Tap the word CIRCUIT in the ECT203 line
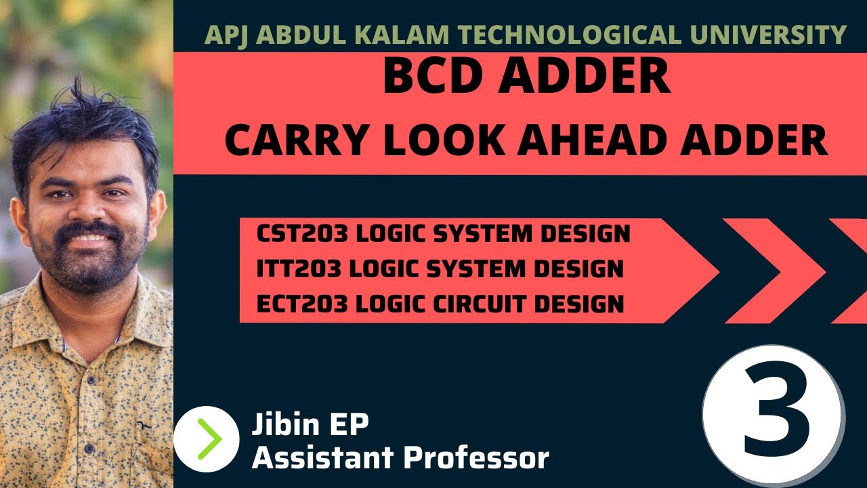click(x=473, y=304)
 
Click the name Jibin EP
click(x=310, y=425)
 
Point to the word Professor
click(x=475, y=458)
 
